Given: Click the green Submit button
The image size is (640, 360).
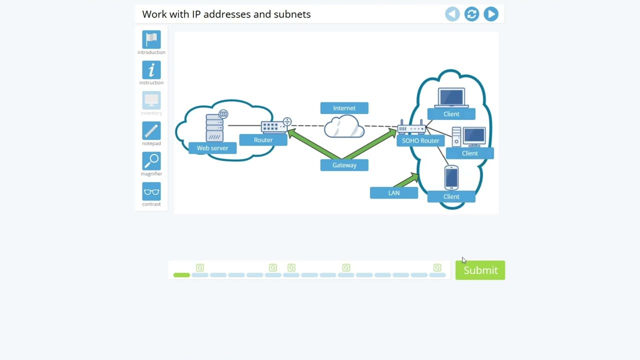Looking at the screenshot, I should (480, 270).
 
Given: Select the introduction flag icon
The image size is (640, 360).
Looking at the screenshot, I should (151, 39).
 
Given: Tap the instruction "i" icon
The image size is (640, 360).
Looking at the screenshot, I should (151, 70).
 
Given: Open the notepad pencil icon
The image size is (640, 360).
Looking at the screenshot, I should (151, 131).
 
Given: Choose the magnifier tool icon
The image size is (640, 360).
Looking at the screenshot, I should (151, 161).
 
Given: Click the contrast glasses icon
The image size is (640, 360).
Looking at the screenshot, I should (151, 191).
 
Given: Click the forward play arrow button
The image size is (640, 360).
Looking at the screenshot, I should (491, 14).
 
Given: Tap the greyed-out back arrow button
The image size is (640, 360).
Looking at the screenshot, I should (452, 14).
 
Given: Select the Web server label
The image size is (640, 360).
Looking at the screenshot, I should (212, 148).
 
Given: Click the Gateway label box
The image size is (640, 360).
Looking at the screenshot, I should (344, 165).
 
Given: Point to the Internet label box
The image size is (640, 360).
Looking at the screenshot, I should (344, 108).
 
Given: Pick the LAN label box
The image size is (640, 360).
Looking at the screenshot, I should (393, 193).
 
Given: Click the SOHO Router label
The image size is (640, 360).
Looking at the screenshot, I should (420, 140).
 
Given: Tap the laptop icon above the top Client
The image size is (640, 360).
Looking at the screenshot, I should (451, 97).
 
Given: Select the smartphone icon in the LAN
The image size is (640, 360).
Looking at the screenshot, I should (451, 178).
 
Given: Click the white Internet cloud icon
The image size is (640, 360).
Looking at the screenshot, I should (344, 126).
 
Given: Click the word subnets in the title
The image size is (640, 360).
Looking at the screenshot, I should (292, 14).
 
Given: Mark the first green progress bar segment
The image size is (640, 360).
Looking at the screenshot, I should (181, 275).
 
